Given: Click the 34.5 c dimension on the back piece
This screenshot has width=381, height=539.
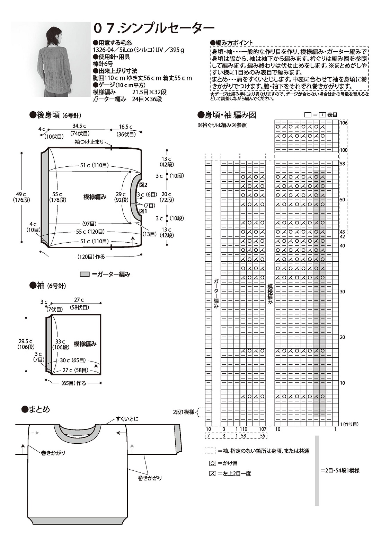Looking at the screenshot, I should point(79,126).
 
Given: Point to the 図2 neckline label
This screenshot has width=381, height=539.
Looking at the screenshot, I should point(143,185).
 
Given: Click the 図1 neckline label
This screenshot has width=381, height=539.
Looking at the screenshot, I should point(143,210).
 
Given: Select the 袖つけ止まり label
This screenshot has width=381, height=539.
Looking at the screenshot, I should point(89,142).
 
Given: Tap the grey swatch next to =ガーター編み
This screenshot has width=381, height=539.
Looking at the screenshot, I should point(85,274).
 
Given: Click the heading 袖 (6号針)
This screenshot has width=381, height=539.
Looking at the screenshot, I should point(48,286).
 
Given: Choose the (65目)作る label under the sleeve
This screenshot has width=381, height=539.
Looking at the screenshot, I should point(73,383).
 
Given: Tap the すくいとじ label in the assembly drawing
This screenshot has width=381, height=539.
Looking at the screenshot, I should point(127,419).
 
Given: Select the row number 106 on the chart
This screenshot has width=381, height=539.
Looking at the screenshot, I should point(344,123).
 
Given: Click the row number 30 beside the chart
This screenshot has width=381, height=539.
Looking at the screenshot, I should point(342,292).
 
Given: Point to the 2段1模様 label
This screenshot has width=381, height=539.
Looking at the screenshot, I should point(184,412).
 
